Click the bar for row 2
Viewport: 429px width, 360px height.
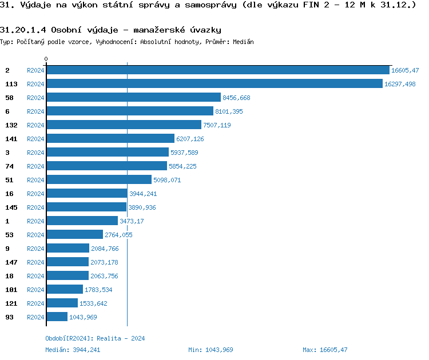click(x=217, y=70)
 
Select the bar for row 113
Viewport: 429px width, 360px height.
click(x=214, y=84)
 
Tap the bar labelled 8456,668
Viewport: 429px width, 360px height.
click(x=133, y=98)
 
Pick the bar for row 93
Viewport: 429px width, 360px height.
click(x=57, y=317)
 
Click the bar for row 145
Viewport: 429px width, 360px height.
click(x=86, y=207)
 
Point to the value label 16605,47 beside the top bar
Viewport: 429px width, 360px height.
click(x=405, y=70)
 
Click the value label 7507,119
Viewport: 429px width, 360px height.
click(x=217, y=125)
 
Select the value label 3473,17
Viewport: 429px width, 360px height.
click(x=132, y=221)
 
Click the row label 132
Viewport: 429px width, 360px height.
click(x=11, y=125)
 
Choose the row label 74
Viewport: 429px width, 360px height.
click(x=9, y=166)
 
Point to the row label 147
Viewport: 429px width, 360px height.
click(x=11, y=262)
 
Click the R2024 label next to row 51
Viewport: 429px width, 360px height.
click(x=35, y=180)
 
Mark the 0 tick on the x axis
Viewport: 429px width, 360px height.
click(x=46, y=59)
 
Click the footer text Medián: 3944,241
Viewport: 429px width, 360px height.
click(x=73, y=350)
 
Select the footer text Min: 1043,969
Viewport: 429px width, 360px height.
click(x=210, y=350)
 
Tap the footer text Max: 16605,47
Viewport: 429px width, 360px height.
click(x=325, y=350)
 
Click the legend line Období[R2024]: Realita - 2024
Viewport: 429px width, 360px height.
click(x=95, y=338)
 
